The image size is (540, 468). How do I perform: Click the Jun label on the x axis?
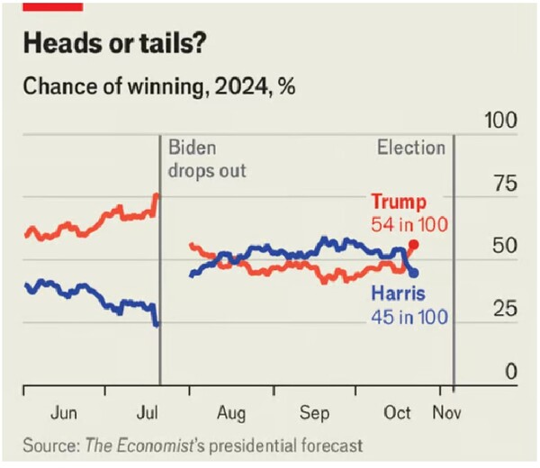click(64, 413)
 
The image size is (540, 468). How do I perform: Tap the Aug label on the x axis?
click(231, 413)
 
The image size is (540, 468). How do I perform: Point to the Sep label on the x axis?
click(315, 413)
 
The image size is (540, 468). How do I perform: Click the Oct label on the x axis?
click(397, 413)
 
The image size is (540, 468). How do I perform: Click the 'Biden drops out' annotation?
click(207, 158)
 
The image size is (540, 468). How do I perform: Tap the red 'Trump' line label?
click(398, 202)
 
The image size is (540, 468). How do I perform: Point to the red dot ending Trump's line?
click(413, 245)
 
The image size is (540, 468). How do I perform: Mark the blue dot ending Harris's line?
click(413, 272)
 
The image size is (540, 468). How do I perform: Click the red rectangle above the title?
click(55, 4)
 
